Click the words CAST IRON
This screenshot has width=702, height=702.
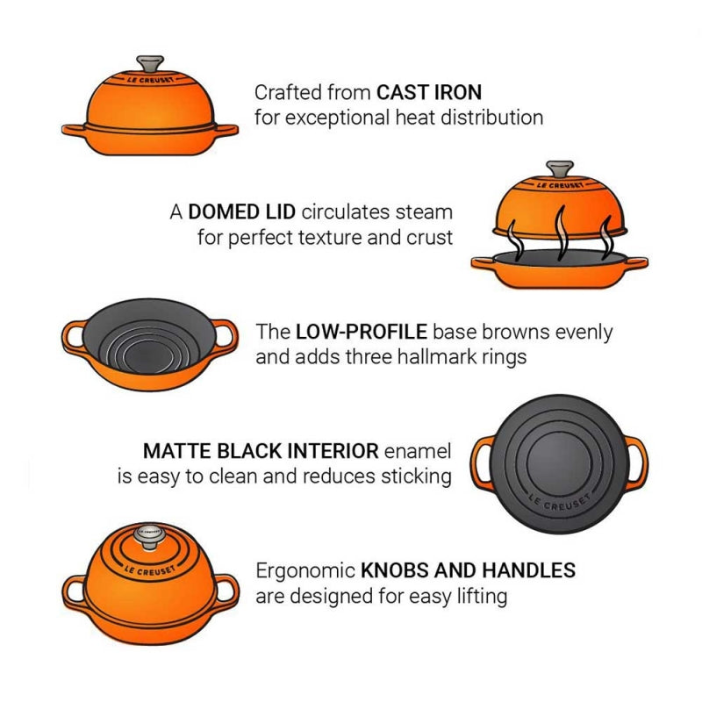429,92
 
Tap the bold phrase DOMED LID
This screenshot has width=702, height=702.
242,211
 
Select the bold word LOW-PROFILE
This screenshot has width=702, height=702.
362,332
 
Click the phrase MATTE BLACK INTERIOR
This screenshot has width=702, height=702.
261,451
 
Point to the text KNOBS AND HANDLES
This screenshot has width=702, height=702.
469,570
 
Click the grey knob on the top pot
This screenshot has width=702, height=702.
150,64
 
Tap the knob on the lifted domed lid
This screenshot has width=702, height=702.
560,170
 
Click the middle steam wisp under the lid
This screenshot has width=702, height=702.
560,233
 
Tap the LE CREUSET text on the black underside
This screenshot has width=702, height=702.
559,502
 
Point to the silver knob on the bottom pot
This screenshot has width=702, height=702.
148,536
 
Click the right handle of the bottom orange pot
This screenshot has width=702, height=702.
227,591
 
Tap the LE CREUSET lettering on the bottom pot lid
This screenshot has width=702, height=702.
149,570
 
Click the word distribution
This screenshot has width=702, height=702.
492,118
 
